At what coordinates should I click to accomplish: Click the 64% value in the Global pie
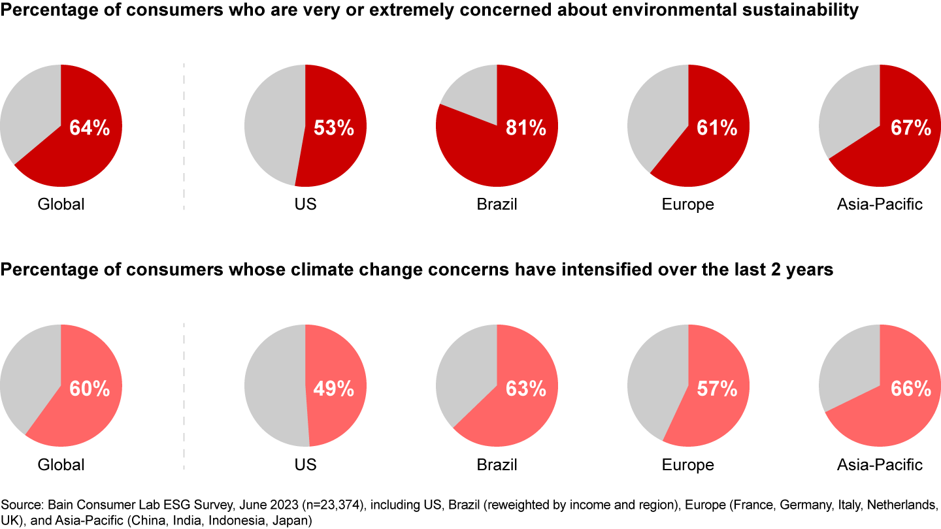[90, 128]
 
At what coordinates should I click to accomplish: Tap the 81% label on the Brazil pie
[525, 128]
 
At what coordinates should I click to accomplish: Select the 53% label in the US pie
[334, 128]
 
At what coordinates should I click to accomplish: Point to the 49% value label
[334, 389]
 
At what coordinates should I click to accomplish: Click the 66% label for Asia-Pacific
[910, 389]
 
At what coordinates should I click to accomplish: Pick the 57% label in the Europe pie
[717, 389]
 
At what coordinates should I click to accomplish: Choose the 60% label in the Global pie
[90, 389]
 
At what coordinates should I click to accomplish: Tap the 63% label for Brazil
[525, 389]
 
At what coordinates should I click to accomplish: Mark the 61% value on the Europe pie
[717, 128]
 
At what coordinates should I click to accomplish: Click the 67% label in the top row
[910, 128]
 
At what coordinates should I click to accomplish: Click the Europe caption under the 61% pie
[687, 204]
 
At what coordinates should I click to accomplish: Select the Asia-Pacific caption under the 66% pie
[880, 465]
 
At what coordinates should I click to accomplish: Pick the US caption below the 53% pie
[305, 204]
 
